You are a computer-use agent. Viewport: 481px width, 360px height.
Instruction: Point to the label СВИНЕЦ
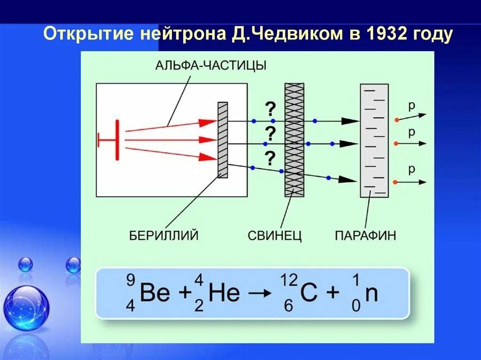(275, 234)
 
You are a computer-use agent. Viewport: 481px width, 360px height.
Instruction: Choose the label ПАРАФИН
(365, 234)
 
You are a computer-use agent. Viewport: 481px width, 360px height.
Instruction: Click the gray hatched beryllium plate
(223, 140)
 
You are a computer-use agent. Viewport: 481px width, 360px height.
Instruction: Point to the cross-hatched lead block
(294, 140)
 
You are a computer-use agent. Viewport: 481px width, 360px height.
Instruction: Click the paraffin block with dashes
(374, 140)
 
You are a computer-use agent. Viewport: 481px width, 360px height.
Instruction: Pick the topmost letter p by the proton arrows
(411, 106)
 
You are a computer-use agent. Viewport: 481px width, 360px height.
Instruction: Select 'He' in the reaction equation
(224, 293)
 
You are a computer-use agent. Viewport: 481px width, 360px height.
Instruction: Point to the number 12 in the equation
(289, 281)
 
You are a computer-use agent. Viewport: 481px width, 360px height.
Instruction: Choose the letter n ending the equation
(372, 293)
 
